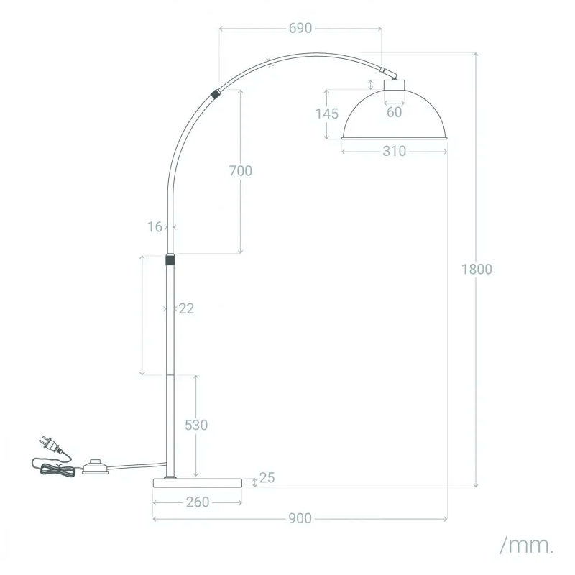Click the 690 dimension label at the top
[300, 28]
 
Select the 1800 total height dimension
[477, 270]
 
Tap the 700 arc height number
[240, 171]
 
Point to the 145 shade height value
[326, 114]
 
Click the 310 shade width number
[394, 151]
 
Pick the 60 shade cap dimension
[394, 112]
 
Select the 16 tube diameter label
[155, 227]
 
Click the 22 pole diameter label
[186, 308]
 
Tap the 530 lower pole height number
[196, 425]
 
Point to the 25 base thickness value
[267, 478]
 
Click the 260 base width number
[197, 502]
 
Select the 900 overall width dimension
[300, 518]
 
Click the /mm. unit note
[527, 545]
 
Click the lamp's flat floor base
[197, 482]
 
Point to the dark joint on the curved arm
[215, 93]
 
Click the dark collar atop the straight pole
[170, 259]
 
